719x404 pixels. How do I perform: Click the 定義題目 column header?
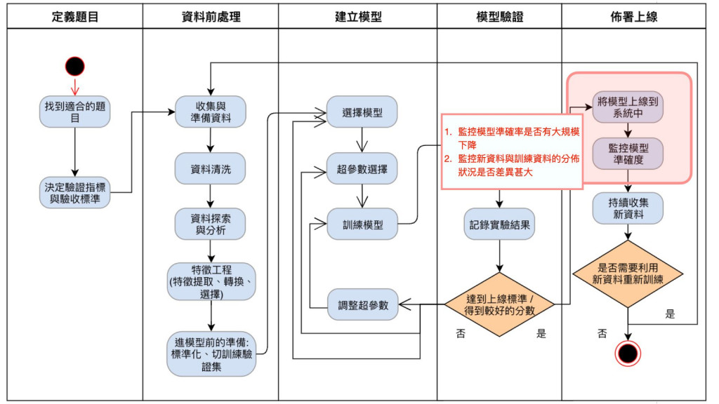74,17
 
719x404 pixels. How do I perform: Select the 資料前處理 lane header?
211,17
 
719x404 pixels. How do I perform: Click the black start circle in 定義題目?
74,67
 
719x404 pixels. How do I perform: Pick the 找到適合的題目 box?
74,112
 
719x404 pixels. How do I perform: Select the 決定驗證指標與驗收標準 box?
74,193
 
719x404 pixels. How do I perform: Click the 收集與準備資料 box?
211,112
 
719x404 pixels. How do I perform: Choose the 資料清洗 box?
211,168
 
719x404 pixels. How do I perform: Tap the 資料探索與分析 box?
211,224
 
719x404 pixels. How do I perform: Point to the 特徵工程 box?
211,281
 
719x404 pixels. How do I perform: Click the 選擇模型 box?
362,112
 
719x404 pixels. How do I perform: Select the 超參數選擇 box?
362,169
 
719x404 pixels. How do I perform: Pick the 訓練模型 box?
362,225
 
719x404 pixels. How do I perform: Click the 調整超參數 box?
362,304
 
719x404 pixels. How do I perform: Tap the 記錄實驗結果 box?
499,225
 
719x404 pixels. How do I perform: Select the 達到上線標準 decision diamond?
499,304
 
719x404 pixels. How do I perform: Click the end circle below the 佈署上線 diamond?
628,353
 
